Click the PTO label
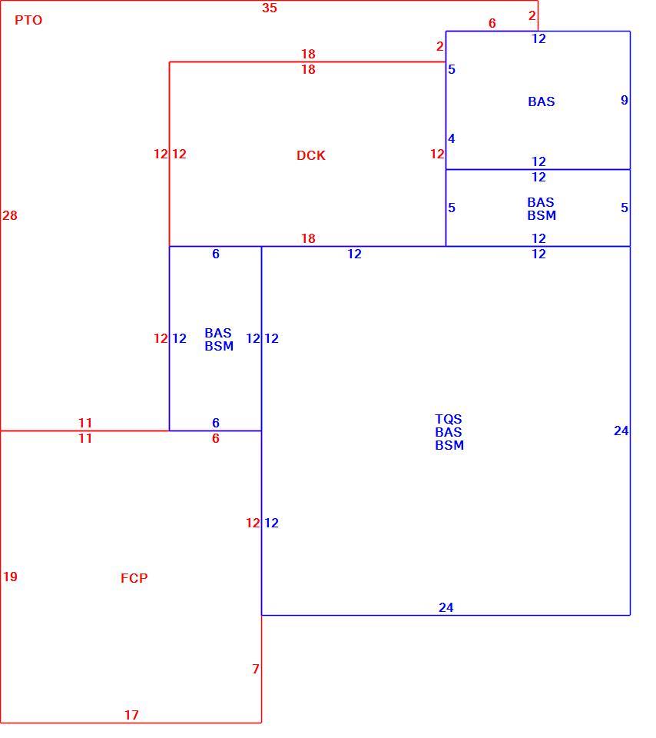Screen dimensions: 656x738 point(28,20)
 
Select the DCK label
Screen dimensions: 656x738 point(311,155)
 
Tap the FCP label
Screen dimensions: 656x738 point(134,578)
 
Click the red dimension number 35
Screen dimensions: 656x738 point(270,8)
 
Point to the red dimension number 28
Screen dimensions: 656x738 point(10,215)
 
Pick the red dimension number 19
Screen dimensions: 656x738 point(10,577)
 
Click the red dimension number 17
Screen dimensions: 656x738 point(131,715)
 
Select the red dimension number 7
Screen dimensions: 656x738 point(255,669)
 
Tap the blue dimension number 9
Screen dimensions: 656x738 point(624,100)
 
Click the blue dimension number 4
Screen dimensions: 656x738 point(452,139)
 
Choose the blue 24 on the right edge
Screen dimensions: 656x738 point(621,430)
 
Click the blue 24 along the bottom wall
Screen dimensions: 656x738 point(446,607)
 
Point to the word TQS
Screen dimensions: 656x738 point(449,419)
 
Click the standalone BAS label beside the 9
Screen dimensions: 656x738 point(542,101)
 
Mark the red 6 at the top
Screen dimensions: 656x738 point(492,23)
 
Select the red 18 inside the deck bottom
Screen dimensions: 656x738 point(309,238)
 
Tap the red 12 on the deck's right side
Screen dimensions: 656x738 point(437,154)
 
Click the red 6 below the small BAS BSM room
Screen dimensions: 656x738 point(215,438)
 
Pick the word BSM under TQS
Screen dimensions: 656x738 point(449,445)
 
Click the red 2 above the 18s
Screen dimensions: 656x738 point(439,46)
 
